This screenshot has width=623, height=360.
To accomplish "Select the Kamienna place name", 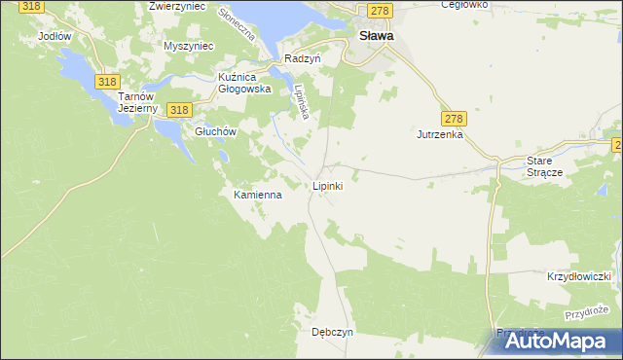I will [257, 195].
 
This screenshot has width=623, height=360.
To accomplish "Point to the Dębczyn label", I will [332, 331].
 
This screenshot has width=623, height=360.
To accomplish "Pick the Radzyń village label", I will [302, 58].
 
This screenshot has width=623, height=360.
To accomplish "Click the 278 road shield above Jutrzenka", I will [454, 119].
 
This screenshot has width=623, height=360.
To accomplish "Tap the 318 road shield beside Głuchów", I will [177, 111].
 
